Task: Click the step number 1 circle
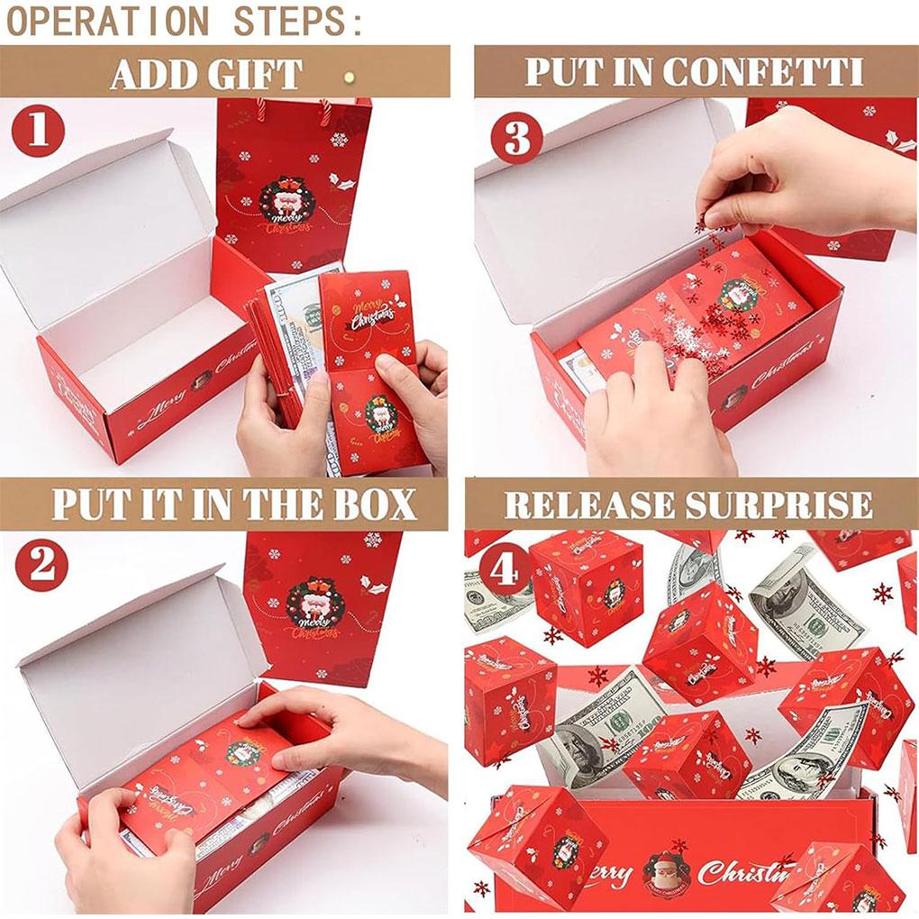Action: click(x=38, y=132)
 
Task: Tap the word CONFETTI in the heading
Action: click(x=764, y=73)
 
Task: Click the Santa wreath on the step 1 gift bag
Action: click(x=287, y=201)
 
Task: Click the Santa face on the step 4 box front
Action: click(x=666, y=871)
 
